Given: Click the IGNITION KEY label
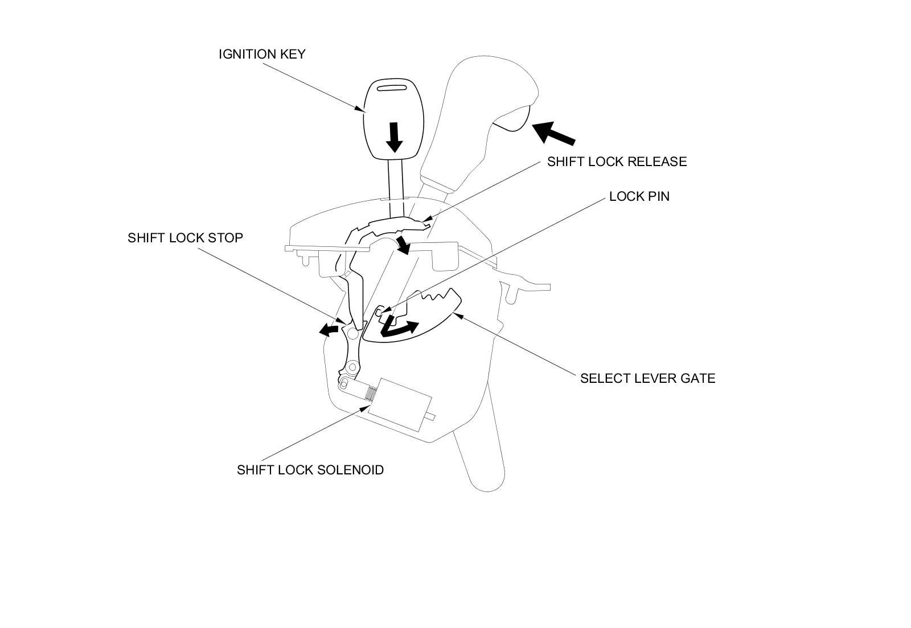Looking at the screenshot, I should coord(262,54).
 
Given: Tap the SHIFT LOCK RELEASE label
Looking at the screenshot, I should coord(617,162).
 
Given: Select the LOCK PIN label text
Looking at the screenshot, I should coord(639,196).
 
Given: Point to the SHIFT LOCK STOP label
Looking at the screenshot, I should coord(185,237).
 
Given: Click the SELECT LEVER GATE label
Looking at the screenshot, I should coord(647,378).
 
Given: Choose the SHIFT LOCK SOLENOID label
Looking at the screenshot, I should coord(310,470).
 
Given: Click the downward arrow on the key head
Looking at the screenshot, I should coord(393,137).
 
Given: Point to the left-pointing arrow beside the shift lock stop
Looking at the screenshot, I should coord(328,329).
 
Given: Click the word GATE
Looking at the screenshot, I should coord(698,378).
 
